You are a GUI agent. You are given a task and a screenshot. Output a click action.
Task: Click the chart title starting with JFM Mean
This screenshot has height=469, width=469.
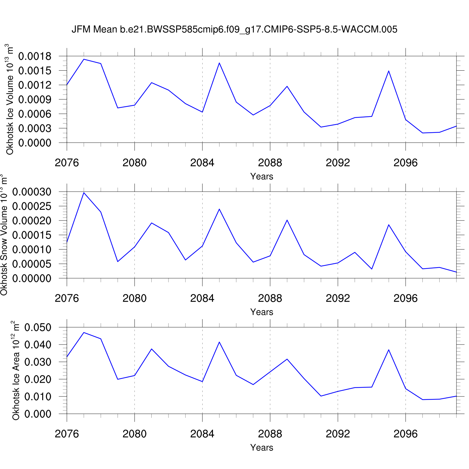tap(234, 29)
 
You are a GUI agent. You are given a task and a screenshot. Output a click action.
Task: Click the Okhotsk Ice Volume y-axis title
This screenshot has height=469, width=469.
tap(9, 99)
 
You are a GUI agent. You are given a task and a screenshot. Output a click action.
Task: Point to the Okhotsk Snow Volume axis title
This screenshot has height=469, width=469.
tap(4, 235)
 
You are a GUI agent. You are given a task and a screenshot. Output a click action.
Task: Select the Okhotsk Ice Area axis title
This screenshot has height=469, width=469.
tap(16, 371)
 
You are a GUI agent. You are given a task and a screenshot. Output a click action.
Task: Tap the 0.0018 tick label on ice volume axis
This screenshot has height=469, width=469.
tap(35, 56)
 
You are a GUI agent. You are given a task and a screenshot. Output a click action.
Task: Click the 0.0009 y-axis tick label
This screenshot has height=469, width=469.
tap(35, 99)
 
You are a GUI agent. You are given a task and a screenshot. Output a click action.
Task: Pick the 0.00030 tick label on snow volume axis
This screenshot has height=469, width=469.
tap(32, 192)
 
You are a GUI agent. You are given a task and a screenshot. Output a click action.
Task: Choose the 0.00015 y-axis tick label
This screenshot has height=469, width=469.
tap(32, 235)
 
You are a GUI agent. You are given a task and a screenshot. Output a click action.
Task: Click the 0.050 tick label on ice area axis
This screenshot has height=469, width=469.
tap(38, 328)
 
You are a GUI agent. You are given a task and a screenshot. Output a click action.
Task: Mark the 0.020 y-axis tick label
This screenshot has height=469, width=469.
tap(38, 380)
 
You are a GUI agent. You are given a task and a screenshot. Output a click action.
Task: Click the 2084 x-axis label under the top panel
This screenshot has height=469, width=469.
tap(202, 163)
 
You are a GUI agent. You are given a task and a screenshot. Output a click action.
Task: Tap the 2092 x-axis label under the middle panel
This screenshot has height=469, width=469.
tap(338, 299)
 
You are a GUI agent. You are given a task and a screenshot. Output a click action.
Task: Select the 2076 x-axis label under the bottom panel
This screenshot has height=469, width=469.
tap(67, 434)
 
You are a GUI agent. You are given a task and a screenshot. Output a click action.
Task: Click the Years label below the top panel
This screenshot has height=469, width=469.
tap(262, 177)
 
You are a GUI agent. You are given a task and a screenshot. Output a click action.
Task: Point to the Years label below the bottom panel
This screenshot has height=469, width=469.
tap(262, 448)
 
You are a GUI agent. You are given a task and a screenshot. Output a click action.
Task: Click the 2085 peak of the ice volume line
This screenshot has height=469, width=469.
tap(219, 63)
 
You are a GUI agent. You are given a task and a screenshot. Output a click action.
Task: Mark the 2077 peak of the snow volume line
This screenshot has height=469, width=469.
tap(84, 193)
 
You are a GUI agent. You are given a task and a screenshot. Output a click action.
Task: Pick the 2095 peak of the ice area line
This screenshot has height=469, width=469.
tap(389, 350)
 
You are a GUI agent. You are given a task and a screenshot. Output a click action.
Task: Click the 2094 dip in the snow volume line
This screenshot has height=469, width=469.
tap(372, 269)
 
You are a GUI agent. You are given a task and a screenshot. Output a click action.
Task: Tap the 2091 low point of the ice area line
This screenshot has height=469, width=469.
tap(321, 396)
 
